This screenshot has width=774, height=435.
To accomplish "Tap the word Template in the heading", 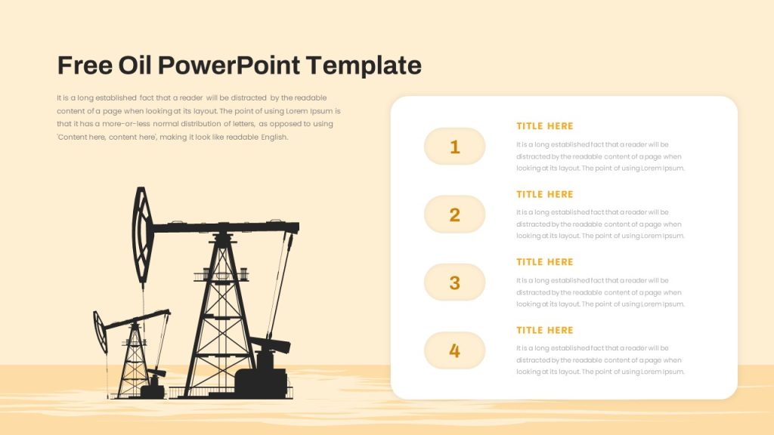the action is (x=364, y=65).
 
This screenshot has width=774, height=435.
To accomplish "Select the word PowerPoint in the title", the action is (x=229, y=65).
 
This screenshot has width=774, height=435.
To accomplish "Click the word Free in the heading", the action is (x=85, y=65).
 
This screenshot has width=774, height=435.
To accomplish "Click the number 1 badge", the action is (x=454, y=147).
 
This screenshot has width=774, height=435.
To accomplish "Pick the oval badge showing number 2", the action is (x=454, y=214).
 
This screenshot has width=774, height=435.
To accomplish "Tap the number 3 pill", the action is (x=454, y=282).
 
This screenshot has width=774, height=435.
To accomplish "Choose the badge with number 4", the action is (x=454, y=350).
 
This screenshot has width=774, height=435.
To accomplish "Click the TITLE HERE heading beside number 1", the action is (x=545, y=126).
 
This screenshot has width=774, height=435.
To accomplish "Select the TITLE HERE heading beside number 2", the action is (x=545, y=194).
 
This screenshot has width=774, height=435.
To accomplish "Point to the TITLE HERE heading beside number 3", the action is (x=545, y=262).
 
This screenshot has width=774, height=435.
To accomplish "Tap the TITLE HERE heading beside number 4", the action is (x=545, y=330).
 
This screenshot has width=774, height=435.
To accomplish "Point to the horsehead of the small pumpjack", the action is (x=101, y=332).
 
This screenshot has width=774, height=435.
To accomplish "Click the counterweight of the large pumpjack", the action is (x=271, y=344).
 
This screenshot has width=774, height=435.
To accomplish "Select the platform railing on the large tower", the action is (x=221, y=274).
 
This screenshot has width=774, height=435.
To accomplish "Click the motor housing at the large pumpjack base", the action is (x=262, y=381).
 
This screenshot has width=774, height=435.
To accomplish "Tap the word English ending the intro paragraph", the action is (x=274, y=137).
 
